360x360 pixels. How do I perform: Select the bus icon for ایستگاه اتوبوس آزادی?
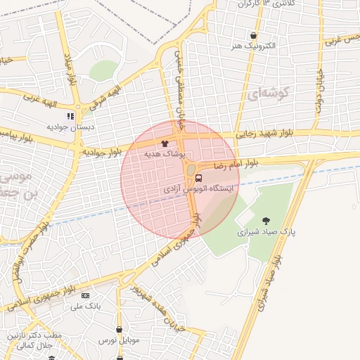199,178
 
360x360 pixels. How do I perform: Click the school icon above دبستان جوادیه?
70,116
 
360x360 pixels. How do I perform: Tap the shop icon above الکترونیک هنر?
253,35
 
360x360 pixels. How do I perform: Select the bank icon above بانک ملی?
86,295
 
